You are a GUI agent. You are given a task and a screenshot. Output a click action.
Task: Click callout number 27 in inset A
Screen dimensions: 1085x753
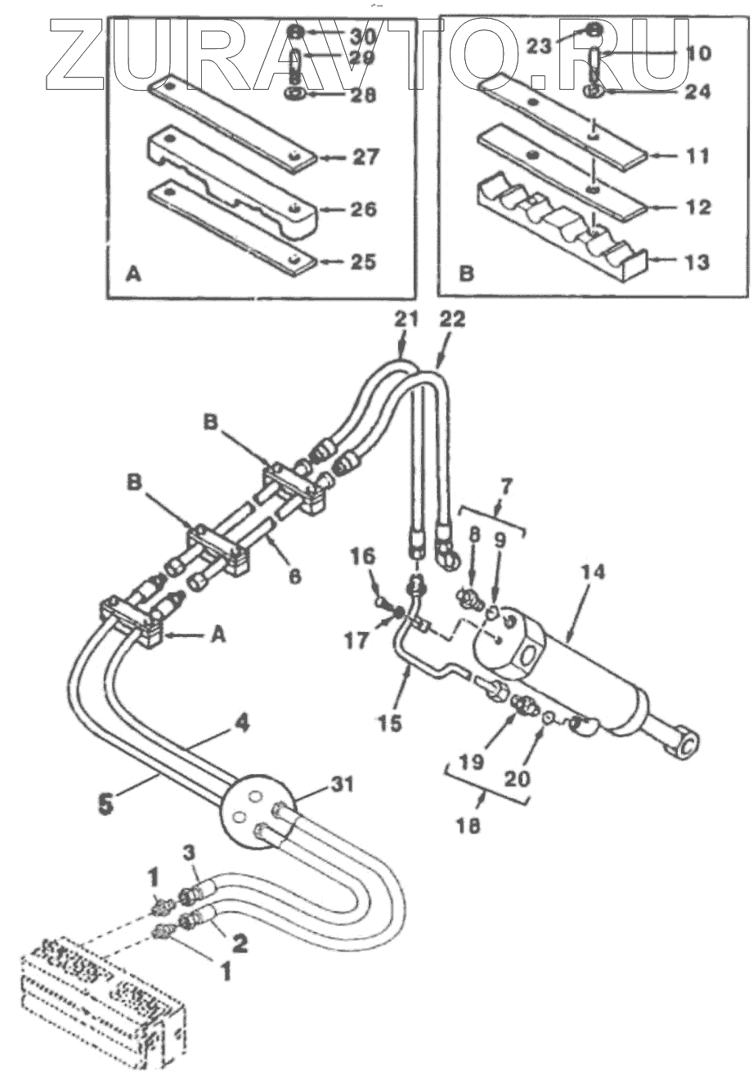coord(364,155)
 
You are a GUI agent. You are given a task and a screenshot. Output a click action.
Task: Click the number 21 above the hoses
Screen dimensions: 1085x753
coord(403,320)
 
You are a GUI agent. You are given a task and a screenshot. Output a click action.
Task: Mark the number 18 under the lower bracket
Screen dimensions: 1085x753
coord(470,826)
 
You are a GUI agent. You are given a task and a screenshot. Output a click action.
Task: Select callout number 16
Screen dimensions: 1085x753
coord(364,558)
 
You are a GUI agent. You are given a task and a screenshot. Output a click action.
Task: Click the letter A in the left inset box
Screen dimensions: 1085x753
coord(132,276)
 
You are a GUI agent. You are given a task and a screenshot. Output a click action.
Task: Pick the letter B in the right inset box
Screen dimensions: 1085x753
coord(465,274)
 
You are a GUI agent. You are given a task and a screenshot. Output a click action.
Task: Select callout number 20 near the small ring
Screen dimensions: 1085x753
coord(517,777)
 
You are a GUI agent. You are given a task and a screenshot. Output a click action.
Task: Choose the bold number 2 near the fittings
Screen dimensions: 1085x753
coord(238,943)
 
